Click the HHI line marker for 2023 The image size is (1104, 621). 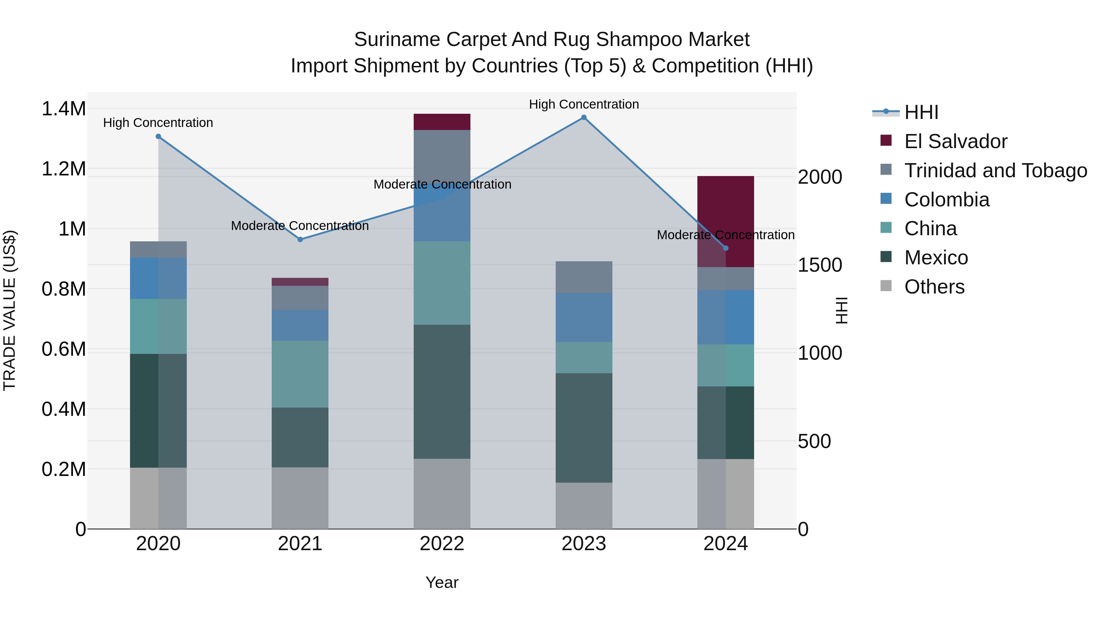click(x=584, y=117)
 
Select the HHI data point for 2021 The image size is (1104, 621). click(x=300, y=240)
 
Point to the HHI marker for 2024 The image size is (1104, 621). click(x=726, y=248)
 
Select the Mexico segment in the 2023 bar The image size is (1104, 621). click(x=584, y=428)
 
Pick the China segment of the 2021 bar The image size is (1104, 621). click(x=300, y=374)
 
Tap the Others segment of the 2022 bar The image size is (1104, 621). click(x=442, y=494)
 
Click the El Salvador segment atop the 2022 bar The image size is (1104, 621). click(x=442, y=122)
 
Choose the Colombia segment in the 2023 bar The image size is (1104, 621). click(x=584, y=317)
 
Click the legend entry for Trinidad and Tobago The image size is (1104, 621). click(x=995, y=171)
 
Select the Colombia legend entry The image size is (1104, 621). click(x=947, y=200)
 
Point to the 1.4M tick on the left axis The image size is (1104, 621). click(x=63, y=109)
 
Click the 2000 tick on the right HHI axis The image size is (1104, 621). click(x=820, y=177)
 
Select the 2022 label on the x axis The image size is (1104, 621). click(x=442, y=544)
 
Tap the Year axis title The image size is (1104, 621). click(x=442, y=582)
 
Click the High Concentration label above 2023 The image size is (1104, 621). click(x=584, y=104)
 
